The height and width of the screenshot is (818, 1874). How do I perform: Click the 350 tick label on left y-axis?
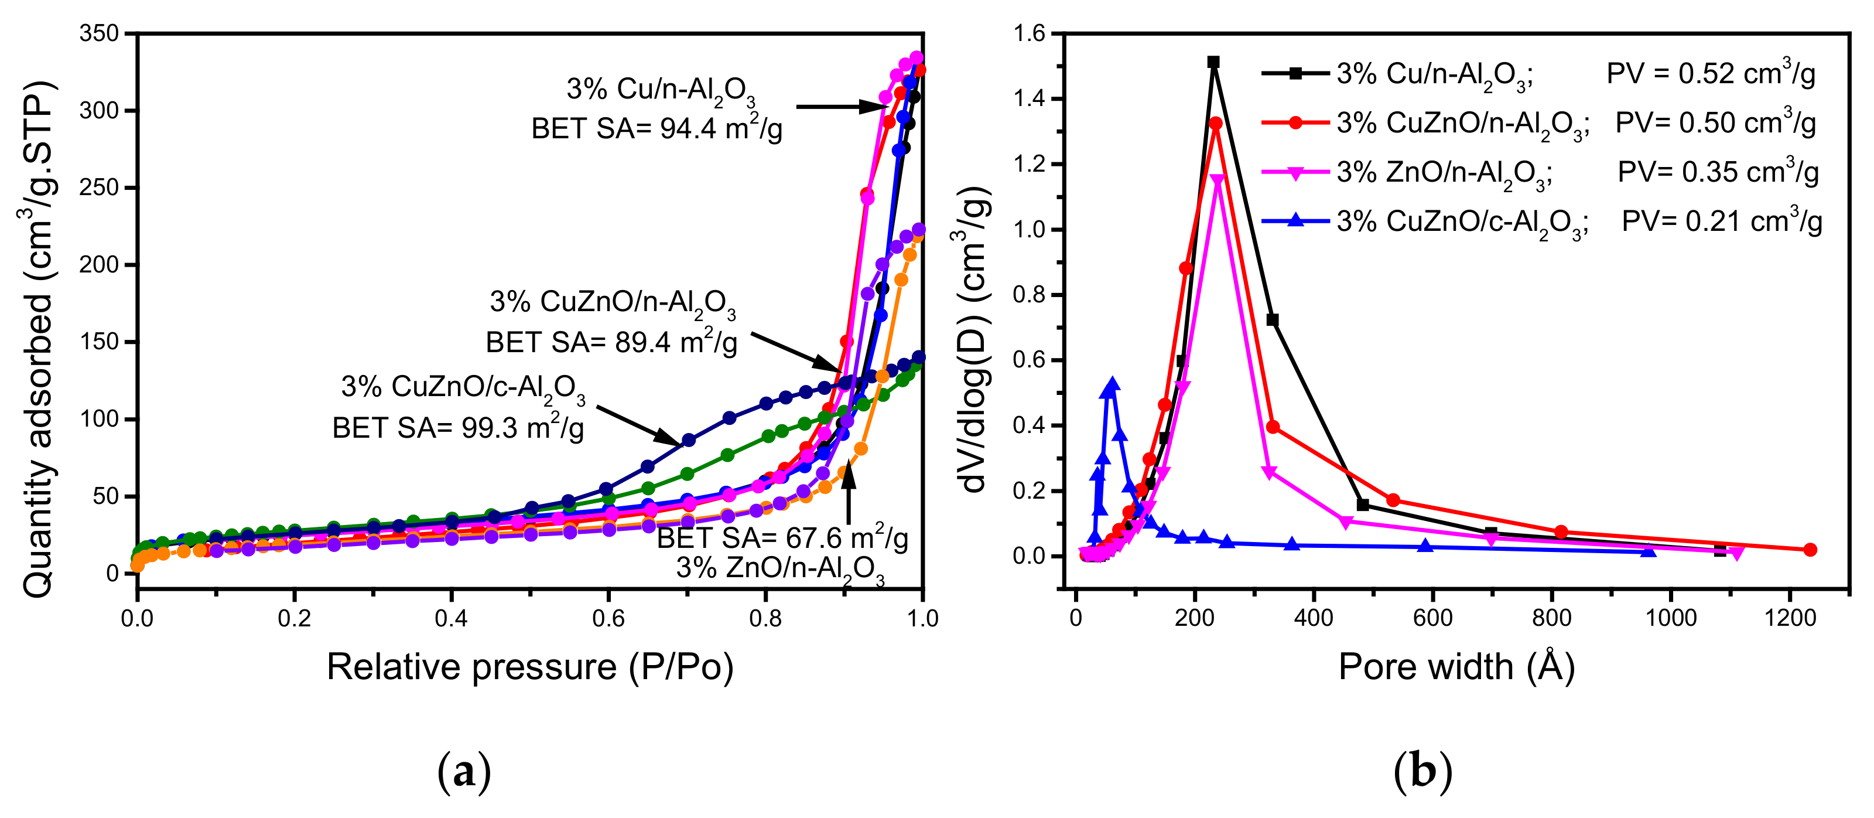click(x=99, y=33)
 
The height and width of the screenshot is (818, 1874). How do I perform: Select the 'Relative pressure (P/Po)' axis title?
click(x=529, y=667)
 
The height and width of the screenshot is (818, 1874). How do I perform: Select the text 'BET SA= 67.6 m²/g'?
click(x=782, y=538)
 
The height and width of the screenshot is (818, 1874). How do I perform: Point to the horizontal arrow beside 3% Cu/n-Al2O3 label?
click(x=841, y=107)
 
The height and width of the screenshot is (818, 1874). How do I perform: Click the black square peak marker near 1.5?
click(x=1213, y=63)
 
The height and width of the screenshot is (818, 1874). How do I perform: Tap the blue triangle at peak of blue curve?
click(x=1112, y=384)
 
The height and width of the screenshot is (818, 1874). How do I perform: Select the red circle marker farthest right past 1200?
click(x=1810, y=550)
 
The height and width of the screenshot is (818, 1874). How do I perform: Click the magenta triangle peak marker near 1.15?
click(x=1217, y=180)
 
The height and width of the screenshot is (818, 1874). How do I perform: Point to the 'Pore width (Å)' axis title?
click(x=1456, y=667)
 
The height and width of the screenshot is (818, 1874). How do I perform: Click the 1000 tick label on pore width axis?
click(x=1670, y=619)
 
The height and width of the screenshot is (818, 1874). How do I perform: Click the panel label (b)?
click(x=1422, y=772)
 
